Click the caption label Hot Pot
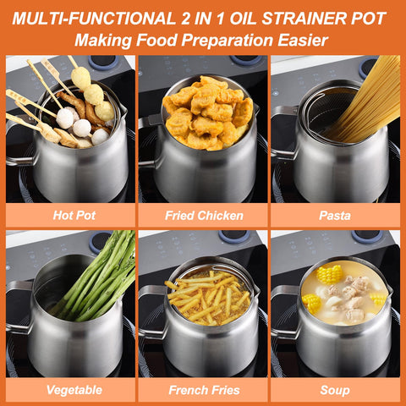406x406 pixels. (x=74, y=216)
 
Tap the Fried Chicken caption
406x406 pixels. (x=204, y=216)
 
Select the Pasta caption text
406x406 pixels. (x=335, y=216)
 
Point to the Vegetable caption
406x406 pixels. (x=74, y=390)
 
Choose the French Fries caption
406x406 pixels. (x=204, y=390)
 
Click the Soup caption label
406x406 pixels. (x=335, y=390)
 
